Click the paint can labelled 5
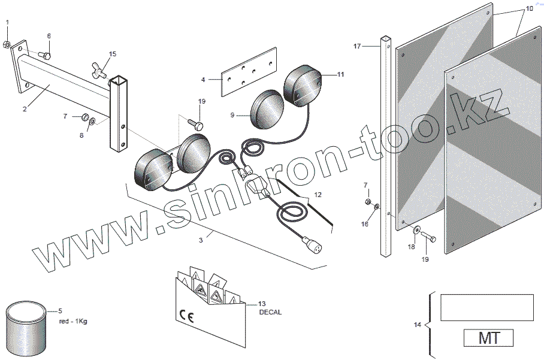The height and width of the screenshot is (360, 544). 26,329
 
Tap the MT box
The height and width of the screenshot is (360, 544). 488,338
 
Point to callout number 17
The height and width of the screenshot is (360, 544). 357,46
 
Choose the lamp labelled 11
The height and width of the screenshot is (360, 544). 303,87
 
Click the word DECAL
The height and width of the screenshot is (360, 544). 270,312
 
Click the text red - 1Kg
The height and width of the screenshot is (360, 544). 73,321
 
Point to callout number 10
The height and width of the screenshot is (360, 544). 529,9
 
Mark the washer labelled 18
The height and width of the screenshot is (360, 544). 416,231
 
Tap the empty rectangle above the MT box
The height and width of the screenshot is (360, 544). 486,308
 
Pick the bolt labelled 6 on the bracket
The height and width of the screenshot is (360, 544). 46,55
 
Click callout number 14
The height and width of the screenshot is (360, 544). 418,325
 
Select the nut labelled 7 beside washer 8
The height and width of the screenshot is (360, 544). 84,117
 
